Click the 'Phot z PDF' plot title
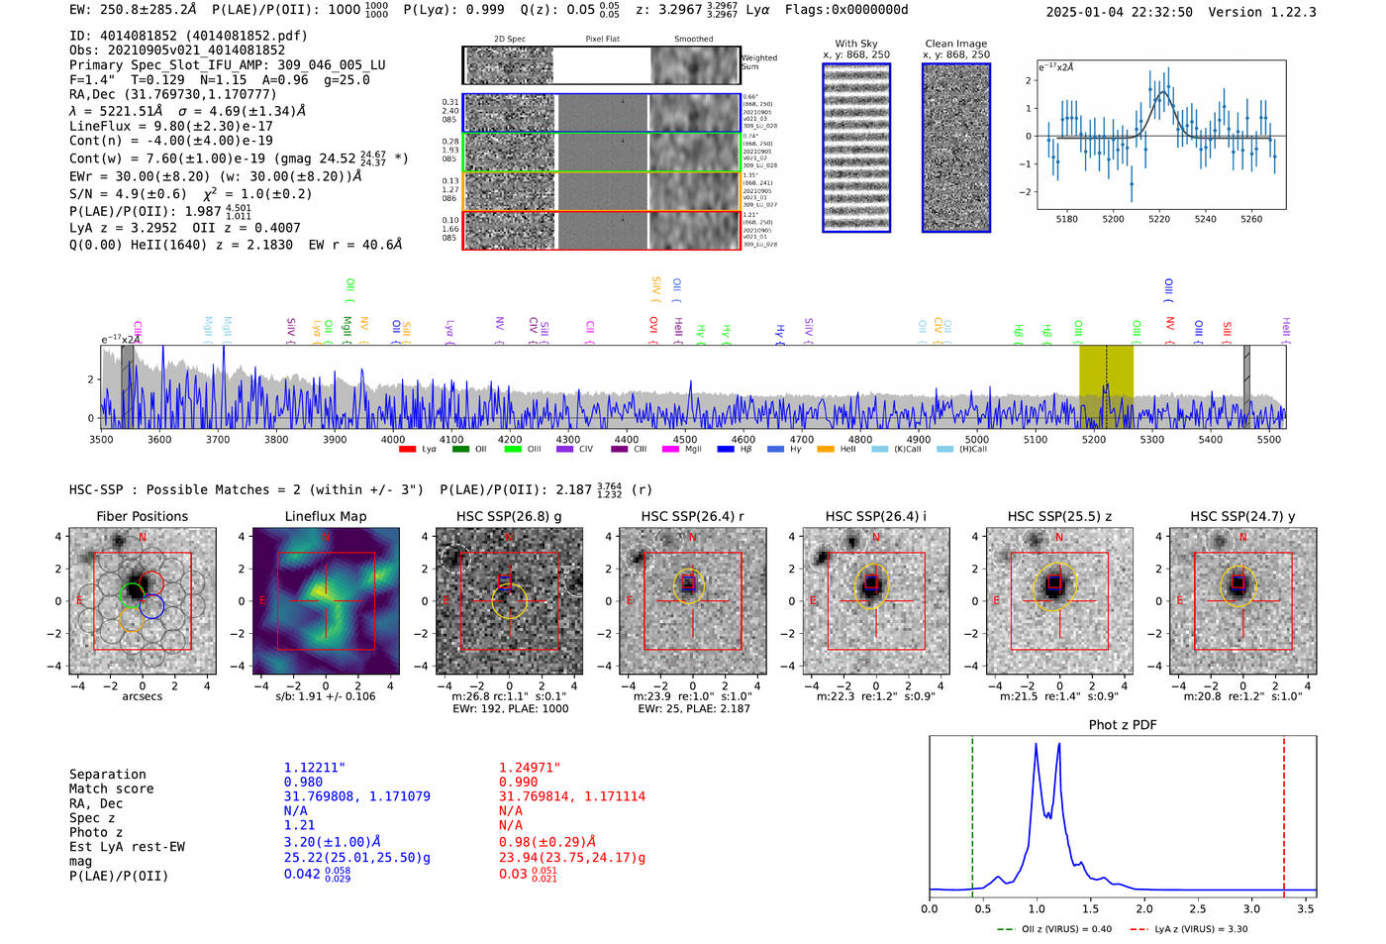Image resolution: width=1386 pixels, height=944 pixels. (x=1122, y=725)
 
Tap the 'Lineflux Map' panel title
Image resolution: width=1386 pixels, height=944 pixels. (x=325, y=516)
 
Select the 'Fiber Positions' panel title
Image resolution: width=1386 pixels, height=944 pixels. (x=142, y=516)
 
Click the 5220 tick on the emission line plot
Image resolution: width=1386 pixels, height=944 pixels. (x=1158, y=219)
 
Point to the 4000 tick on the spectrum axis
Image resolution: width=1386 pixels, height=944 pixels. (x=393, y=439)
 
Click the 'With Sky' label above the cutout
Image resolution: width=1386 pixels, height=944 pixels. (x=855, y=44)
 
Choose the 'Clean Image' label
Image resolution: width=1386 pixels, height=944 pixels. (x=955, y=44)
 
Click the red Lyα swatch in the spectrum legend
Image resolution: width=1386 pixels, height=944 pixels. (x=407, y=450)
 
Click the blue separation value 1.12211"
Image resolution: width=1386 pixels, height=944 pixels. (x=315, y=768)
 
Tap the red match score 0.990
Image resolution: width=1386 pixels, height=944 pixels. (x=518, y=782)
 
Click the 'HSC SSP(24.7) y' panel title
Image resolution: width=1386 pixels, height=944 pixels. (x=1242, y=516)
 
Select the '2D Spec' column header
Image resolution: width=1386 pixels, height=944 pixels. (x=509, y=40)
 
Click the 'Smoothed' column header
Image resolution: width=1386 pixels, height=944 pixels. (x=693, y=40)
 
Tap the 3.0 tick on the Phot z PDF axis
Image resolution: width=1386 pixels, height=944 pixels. (x=1251, y=908)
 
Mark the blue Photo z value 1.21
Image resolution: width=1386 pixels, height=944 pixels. (x=299, y=825)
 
